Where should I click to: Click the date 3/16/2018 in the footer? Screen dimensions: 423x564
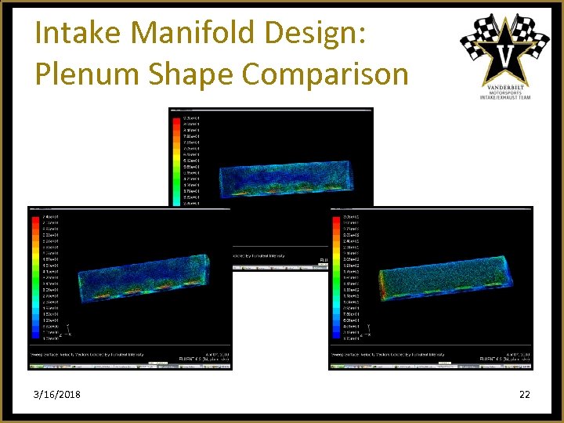(x=56, y=394)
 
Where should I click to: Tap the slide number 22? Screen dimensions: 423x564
(x=524, y=394)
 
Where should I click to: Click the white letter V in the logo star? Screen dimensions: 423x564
(x=505, y=56)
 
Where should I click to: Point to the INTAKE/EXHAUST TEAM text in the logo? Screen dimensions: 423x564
(x=505, y=98)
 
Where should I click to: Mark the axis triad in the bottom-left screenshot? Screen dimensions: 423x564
(x=69, y=330)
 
